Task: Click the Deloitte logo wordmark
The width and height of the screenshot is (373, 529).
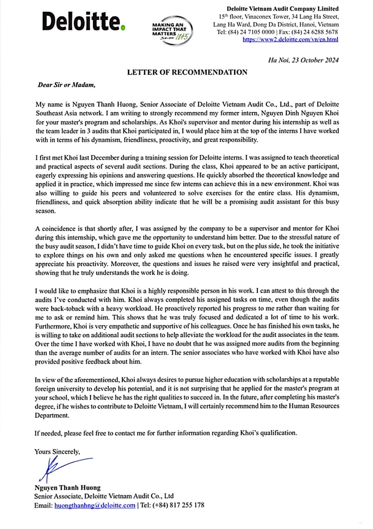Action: [x=81, y=21]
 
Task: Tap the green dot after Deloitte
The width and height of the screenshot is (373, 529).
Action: [x=123, y=28]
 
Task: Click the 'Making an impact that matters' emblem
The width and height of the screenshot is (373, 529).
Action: [x=172, y=30]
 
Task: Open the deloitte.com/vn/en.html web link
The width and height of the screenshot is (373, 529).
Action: [x=290, y=39]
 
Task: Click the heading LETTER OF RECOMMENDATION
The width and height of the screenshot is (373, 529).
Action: [x=187, y=72]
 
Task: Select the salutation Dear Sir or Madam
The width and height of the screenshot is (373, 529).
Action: [x=67, y=85]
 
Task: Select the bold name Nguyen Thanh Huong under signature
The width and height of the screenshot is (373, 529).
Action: [x=67, y=488]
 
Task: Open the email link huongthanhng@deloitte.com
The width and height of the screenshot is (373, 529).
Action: [x=95, y=505]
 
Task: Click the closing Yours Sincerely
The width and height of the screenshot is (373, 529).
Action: [x=57, y=452]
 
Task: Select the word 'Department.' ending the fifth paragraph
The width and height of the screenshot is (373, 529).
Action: [x=52, y=415]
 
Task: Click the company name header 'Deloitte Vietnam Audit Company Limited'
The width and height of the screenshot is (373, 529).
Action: [x=282, y=9]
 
